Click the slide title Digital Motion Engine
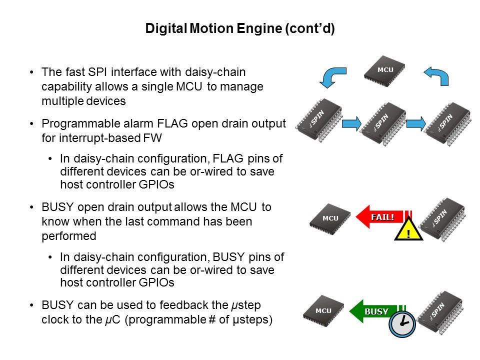tap(239, 29)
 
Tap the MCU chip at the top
tap(384, 70)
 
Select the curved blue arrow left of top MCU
tap(331, 77)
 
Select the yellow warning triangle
tap(408, 231)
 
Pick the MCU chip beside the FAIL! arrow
tap(330, 218)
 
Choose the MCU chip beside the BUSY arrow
tap(324, 311)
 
